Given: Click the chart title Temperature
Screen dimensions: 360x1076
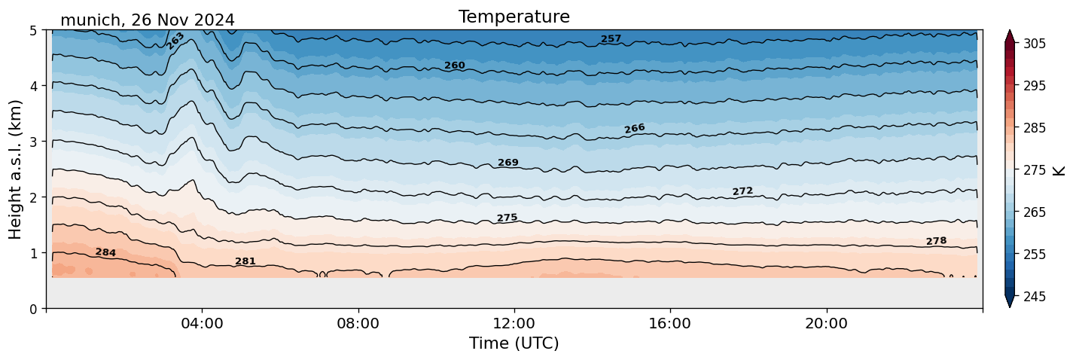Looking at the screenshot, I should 514,17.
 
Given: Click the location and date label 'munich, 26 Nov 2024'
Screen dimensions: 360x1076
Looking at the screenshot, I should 148,20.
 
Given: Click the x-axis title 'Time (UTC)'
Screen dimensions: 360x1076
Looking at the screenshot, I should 514,343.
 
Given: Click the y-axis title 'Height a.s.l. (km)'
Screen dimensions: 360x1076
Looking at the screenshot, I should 16,169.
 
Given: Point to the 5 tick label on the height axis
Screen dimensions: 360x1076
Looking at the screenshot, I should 33,31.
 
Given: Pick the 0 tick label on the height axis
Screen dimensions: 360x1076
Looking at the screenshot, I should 33,309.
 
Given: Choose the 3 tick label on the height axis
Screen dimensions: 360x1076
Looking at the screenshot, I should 33,142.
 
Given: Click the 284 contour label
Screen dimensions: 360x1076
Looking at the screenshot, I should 105,252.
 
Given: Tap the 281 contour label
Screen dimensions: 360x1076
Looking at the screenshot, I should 245,261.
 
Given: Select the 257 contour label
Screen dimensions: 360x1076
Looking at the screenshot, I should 611,38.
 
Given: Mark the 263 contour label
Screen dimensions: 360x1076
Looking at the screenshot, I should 175,41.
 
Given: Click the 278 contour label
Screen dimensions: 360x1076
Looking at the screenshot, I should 936,241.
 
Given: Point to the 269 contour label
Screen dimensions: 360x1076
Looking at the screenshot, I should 508,163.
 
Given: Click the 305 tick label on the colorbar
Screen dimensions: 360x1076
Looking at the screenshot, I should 1033,44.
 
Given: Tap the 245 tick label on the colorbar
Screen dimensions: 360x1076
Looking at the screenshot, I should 1033,297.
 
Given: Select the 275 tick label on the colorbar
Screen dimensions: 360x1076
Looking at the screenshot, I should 1033,170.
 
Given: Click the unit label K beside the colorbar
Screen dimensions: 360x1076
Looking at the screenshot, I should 1059,170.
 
